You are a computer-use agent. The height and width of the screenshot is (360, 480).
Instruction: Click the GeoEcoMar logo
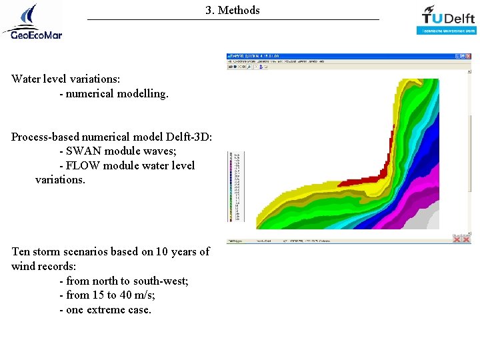tap(32, 21)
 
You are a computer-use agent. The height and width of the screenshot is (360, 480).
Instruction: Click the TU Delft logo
tap(447, 19)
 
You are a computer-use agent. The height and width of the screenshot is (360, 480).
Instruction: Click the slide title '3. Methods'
tap(233, 10)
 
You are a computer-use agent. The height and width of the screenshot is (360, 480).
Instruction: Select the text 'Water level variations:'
tap(65, 79)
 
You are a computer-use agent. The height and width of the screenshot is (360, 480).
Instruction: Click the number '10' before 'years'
tap(163, 251)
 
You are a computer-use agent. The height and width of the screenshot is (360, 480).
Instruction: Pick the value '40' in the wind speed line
tap(127, 295)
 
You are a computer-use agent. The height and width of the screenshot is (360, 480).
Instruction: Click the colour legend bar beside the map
tap(235, 187)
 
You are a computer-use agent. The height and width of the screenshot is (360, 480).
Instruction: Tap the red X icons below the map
tap(461, 238)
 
